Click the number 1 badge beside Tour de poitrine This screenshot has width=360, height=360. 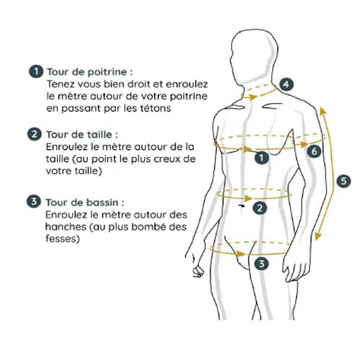[x=36, y=71]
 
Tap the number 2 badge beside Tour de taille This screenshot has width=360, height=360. [x=35, y=134]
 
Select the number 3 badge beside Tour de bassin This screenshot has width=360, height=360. [x=34, y=202]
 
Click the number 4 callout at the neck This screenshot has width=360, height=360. [x=286, y=84]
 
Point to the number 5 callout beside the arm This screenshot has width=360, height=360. [x=343, y=181]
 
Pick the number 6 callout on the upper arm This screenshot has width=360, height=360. [x=314, y=151]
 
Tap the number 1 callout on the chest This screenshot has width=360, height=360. [x=261, y=158]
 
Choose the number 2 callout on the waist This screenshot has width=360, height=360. [x=260, y=208]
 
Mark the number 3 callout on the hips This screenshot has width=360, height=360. [x=261, y=264]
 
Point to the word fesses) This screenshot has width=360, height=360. [x=63, y=238]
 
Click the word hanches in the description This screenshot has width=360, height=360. [x=66, y=226]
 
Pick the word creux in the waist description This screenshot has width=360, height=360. [x=167, y=159]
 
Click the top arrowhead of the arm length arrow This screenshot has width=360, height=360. [x=323, y=111]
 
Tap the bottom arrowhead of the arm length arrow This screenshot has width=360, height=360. [x=318, y=235]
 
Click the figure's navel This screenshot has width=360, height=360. [x=242, y=206]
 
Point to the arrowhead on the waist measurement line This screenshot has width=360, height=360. [x=248, y=198]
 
